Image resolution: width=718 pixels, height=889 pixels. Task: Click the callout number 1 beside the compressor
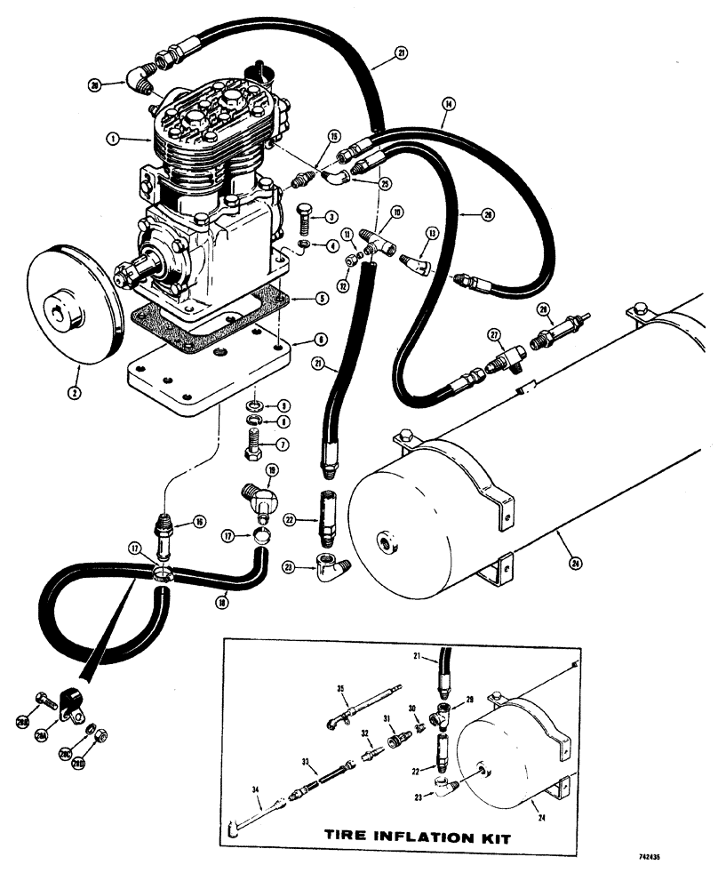[x=112, y=139]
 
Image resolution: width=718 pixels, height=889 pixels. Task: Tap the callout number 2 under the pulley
[x=76, y=388]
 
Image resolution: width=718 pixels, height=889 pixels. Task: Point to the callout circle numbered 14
[x=443, y=105]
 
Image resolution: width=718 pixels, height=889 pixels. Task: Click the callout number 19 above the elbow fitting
[x=272, y=469]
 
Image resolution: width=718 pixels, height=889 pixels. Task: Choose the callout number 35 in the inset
[x=339, y=688]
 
